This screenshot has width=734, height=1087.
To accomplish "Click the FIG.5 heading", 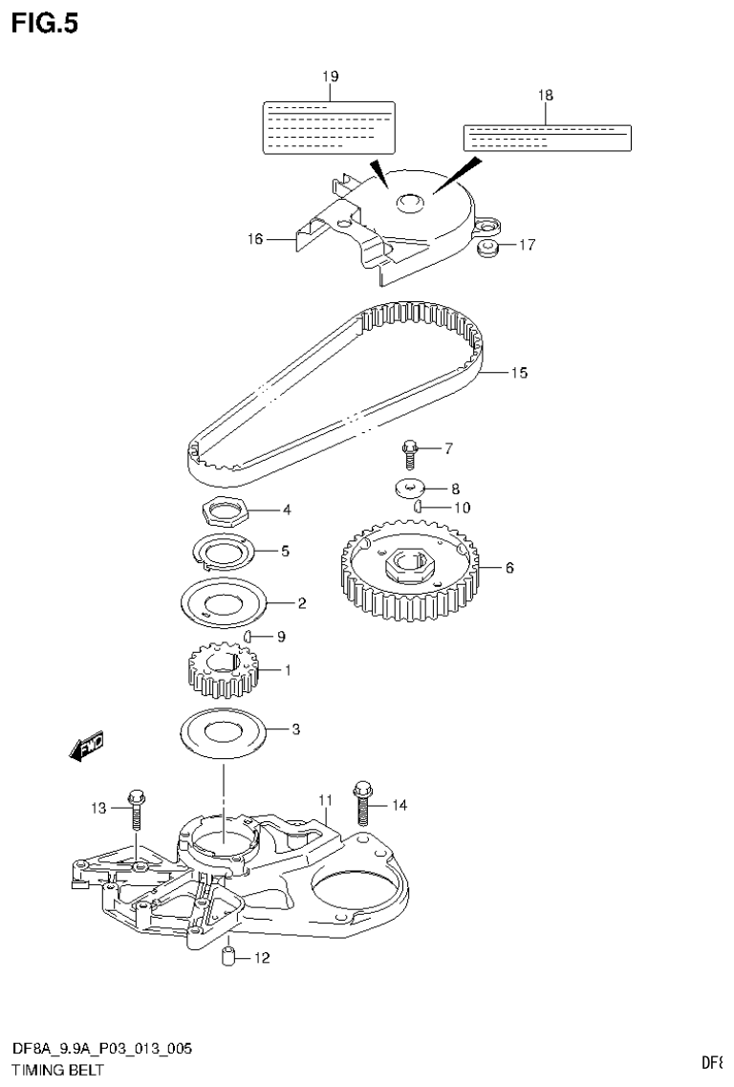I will tap(45, 22).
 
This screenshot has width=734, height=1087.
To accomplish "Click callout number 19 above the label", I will tap(330, 76).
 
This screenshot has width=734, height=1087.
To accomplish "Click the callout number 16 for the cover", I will tap(255, 239).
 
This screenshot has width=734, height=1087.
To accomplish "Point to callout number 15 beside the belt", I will tap(518, 373).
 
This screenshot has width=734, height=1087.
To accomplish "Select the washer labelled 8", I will tap(410, 488).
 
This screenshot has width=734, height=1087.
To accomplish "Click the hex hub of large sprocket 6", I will tap(411, 568).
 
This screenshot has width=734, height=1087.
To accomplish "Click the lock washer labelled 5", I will tap(224, 552).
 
